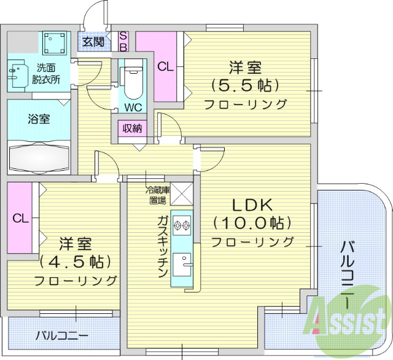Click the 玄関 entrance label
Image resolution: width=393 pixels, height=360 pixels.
click(x=93, y=42)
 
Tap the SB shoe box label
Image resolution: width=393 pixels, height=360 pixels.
click(x=123, y=41)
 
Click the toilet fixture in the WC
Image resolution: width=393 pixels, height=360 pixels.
click(x=131, y=83)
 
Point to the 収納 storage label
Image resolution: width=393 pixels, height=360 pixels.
click(x=132, y=128)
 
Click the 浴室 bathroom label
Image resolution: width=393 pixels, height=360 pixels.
click(x=39, y=119)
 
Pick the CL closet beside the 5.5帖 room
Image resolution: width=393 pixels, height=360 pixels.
click(x=165, y=67)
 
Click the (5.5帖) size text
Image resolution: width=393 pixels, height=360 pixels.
click(x=245, y=84)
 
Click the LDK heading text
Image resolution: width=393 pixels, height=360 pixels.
click(x=252, y=205)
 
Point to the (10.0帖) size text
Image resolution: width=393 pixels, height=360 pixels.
click(x=252, y=222)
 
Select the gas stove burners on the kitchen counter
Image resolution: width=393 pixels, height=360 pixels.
click(x=182, y=226)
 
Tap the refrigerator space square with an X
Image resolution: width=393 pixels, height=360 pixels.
click(x=182, y=194)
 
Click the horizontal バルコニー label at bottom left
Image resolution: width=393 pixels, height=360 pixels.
click(x=61, y=336)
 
